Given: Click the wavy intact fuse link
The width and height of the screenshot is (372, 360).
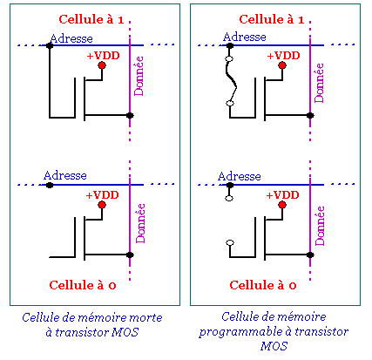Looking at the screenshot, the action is [x=232, y=81].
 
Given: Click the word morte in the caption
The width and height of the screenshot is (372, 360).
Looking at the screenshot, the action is [x=145, y=317].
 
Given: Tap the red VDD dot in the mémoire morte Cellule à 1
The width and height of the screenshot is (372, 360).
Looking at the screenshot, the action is [x=102, y=65].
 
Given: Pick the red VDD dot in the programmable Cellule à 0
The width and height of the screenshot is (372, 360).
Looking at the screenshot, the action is [x=282, y=205].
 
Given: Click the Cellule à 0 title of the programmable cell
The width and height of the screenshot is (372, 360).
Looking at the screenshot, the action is [x=263, y=285].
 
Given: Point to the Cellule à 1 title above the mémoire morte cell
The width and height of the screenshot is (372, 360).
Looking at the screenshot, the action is [x=91, y=19].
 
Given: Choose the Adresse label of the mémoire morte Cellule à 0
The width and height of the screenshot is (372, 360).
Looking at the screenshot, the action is [x=65, y=175].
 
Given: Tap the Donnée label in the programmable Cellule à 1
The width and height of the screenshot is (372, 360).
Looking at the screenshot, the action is [x=319, y=83].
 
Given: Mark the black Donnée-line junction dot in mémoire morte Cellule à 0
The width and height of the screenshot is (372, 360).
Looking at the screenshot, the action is [x=130, y=255].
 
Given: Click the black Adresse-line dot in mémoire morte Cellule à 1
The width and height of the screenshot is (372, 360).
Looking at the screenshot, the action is [x=50, y=45].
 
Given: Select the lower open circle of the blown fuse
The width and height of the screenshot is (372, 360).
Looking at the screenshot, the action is [x=230, y=242].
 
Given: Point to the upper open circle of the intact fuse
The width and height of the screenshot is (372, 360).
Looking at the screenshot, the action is [x=229, y=59].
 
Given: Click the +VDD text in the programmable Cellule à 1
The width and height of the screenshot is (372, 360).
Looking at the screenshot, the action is [x=283, y=55].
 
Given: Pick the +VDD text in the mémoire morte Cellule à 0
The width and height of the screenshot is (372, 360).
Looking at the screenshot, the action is [x=102, y=194].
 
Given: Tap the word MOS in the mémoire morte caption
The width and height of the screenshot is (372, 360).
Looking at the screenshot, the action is [x=125, y=332].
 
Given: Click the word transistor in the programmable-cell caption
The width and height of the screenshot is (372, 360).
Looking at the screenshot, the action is [x=321, y=331].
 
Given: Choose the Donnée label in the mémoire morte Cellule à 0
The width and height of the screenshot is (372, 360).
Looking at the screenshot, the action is [x=140, y=223].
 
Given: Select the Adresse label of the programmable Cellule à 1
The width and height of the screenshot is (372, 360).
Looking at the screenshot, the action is [x=245, y=37].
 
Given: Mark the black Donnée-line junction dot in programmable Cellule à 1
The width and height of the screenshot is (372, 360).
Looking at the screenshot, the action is [x=310, y=115].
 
